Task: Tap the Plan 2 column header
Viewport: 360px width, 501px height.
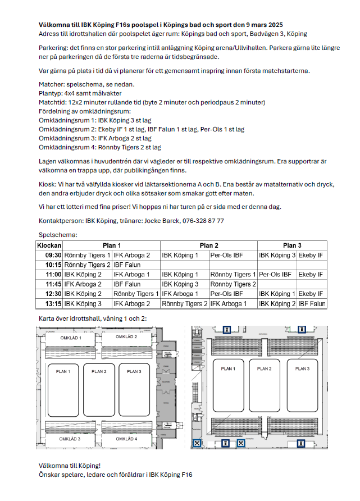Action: [209, 245]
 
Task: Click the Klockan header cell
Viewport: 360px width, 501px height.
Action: [49, 245]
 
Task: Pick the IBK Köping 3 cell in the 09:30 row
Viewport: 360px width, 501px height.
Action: [277, 255]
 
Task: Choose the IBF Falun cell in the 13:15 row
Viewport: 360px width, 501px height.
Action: [312, 304]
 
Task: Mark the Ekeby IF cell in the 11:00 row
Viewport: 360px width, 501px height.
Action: [311, 275]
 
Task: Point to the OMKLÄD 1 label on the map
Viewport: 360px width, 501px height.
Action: [71, 338]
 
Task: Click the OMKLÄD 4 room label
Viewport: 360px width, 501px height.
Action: [126, 438]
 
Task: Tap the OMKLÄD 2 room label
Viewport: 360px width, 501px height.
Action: [126, 337]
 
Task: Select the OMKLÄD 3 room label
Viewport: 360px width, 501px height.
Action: [70, 438]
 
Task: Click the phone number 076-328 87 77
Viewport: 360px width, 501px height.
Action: [203, 221]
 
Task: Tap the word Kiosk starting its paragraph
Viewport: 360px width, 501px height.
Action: [47, 184]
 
